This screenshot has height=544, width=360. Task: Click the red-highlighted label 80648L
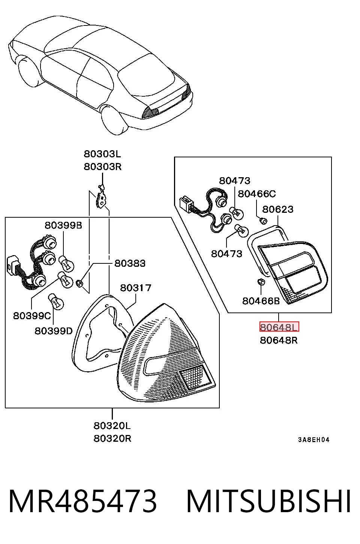pos(279,327)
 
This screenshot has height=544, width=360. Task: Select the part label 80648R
pos(279,340)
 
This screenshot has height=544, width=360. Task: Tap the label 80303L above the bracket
pos(102,154)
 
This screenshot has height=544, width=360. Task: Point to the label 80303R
pos(102,167)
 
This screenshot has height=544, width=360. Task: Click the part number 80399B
pos(63,226)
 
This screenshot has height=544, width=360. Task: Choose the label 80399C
pos(32,316)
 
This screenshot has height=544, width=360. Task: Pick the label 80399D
pos(54,331)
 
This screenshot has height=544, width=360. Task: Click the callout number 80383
pos(130,263)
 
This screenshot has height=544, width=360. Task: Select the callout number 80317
pos(136,288)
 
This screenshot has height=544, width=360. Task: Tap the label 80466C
pos(257,194)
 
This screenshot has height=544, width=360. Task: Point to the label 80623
pos(278,209)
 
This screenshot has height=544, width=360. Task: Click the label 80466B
pos(261,301)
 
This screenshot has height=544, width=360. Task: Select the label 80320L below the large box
pos(112,426)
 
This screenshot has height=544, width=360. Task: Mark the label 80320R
pos(112,438)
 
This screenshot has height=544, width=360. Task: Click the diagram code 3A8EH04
pos(314,440)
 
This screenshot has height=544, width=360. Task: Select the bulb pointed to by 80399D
pos(55,302)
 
